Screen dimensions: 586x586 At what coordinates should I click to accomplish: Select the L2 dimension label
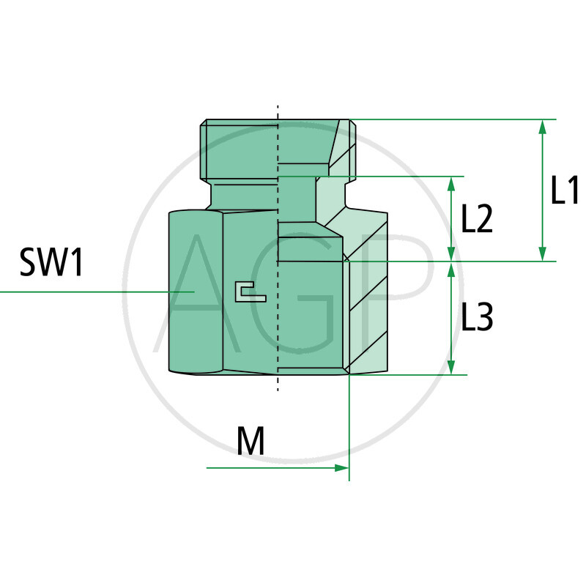coord(477,218)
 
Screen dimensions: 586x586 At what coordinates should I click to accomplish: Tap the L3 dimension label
coord(478,316)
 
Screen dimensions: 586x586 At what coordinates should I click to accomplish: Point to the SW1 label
coord(51,262)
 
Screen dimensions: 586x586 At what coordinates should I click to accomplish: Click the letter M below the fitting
coord(251,440)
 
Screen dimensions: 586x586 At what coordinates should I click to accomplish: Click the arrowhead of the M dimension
coord(341,467)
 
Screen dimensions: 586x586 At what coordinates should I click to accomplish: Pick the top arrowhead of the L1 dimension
coord(543,127)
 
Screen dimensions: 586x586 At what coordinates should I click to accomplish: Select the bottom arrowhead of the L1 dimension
coord(543,253)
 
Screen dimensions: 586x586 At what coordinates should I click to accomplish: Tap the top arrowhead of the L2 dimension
coord(451,184)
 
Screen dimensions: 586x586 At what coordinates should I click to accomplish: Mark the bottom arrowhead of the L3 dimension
coord(451,367)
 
